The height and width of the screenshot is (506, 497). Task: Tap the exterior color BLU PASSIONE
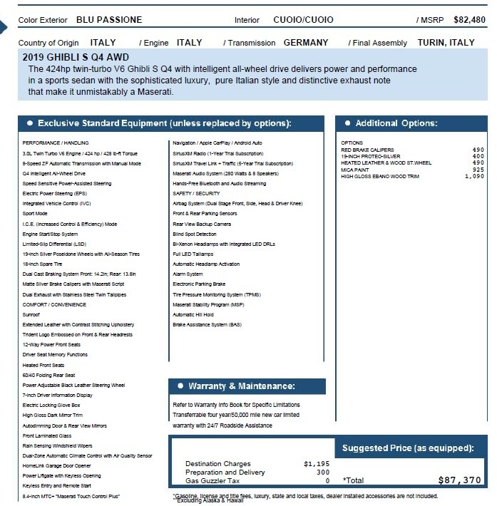pyautogui.click(x=108, y=20)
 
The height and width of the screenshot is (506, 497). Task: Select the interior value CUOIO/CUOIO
pyautogui.click(x=303, y=20)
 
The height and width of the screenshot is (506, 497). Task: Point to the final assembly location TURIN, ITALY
pyautogui.click(x=446, y=43)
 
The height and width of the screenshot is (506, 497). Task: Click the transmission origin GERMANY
pyautogui.click(x=306, y=43)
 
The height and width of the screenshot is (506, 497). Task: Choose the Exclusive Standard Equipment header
pyautogui.click(x=164, y=123)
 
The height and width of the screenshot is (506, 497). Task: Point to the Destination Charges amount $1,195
pyautogui.click(x=317, y=463)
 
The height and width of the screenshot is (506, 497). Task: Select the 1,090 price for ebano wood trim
pyautogui.click(x=473, y=176)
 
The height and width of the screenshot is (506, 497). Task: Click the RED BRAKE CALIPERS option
pyautogui.click(x=367, y=150)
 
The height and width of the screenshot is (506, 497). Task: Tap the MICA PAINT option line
pyautogui.click(x=356, y=170)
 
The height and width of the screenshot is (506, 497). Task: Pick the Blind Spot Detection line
pyautogui.click(x=195, y=234)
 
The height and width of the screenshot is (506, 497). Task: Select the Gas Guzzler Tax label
pyautogui.click(x=213, y=480)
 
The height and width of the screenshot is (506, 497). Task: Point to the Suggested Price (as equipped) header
pyautogui.click(x=408, y=448)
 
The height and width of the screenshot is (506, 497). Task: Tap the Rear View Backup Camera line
pyautogui.click(x=202, y=224)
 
